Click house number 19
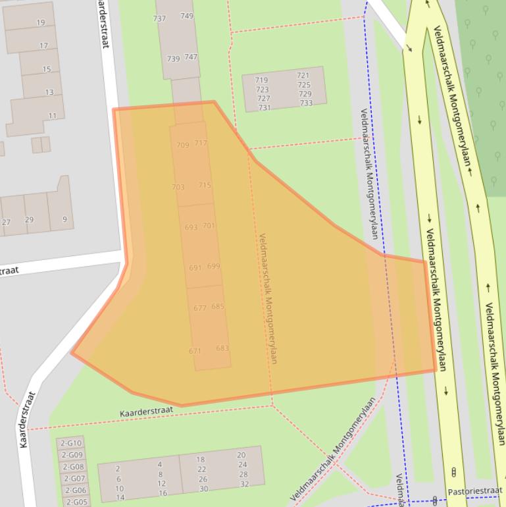41,22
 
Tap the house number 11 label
52,116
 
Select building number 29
29,219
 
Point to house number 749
187,16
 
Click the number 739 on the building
173,59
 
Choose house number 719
261,80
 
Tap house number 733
306,103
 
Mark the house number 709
182,145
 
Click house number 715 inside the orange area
205,185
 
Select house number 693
191,227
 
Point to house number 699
213,266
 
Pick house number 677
200,307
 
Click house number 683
222,348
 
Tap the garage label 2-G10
72,443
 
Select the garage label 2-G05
76,502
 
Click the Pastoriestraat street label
475,491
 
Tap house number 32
244,484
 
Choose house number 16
163,493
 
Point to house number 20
241,455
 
